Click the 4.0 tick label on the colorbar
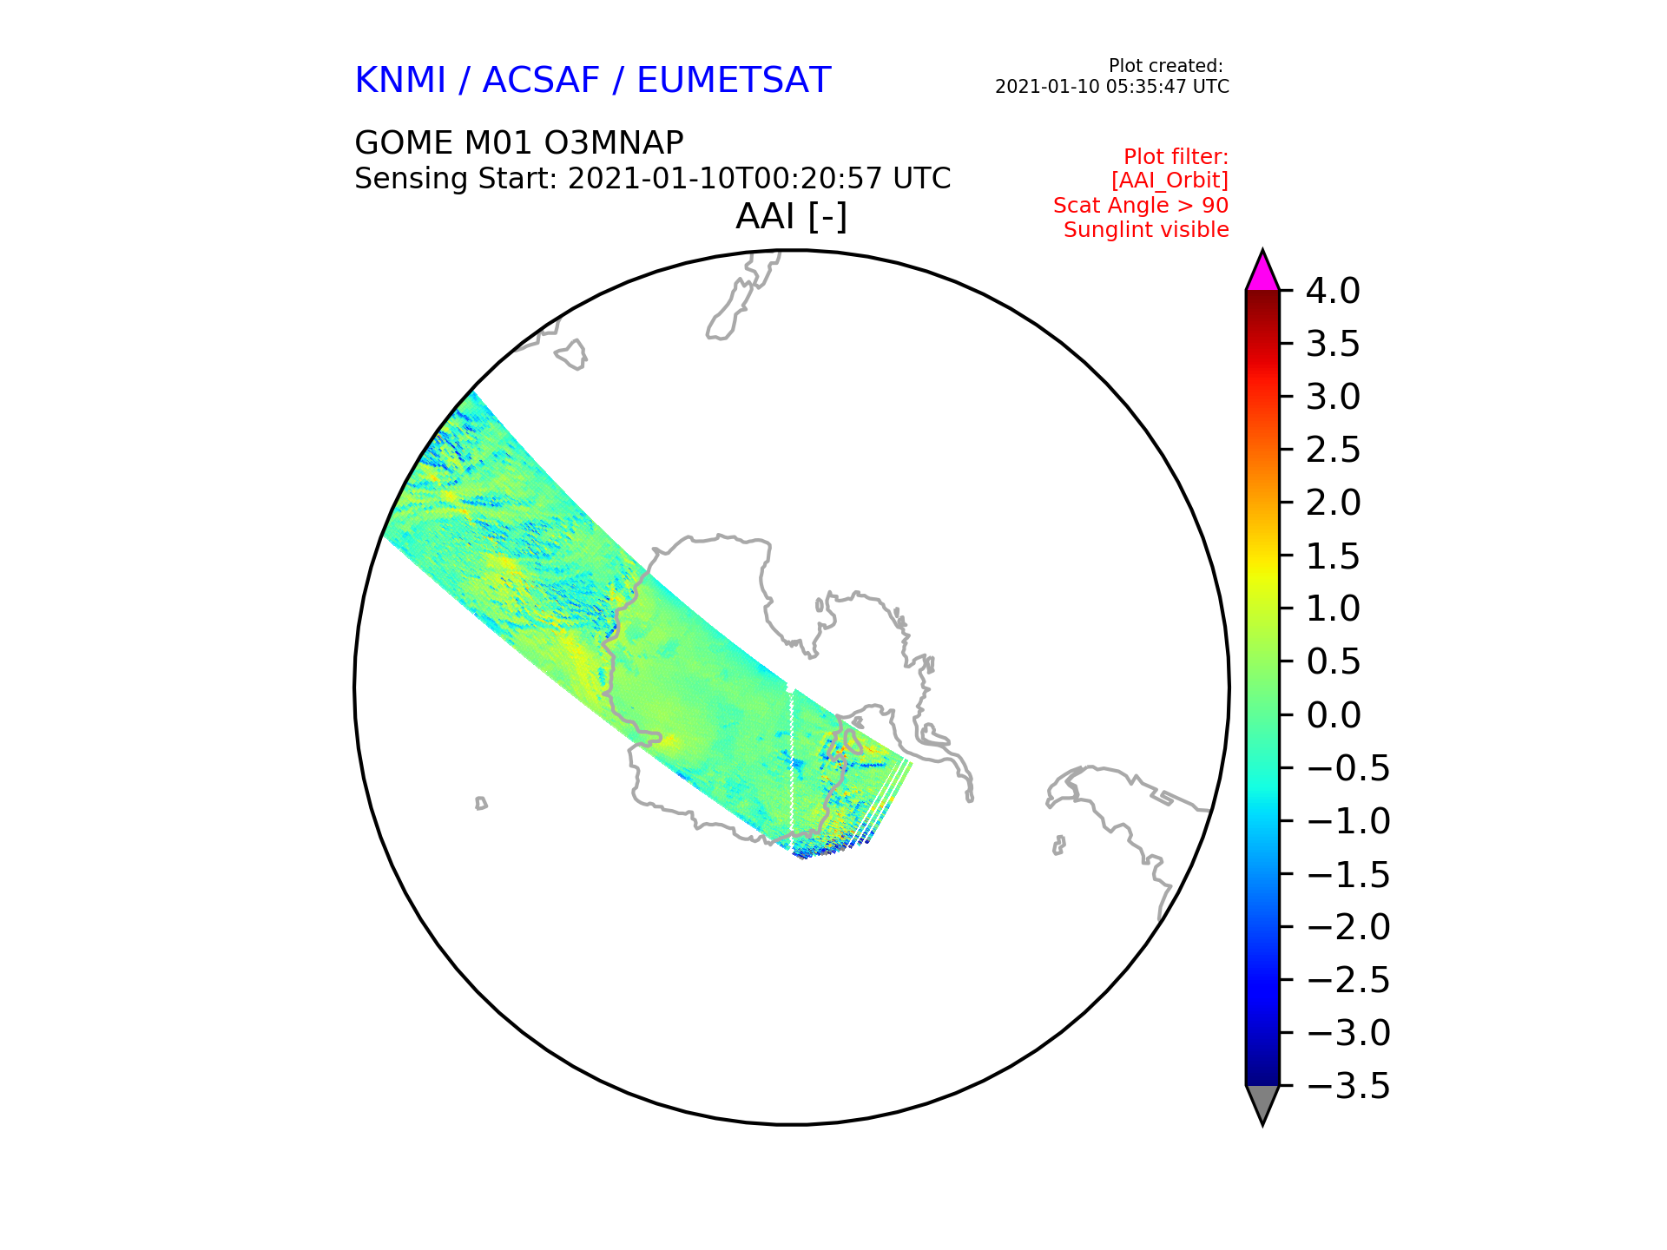pos(1333,291)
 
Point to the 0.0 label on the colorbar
pos(1333,715)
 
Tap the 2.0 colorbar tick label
pos(1333,503)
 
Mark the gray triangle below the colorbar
pos(1262,1103)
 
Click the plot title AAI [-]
pos(791,216)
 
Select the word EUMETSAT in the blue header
pos(734,81)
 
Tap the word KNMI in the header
pos(400,81)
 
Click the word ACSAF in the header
pos(541,81)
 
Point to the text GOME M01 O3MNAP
pos(519,143)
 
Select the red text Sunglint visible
pos(1146,230)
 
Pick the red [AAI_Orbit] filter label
pos(1170,181)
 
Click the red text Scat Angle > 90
pos(1141,206)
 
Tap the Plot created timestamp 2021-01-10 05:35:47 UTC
pos(1112,87)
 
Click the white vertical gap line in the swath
pos(792,769)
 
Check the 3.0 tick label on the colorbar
pos(1333,397)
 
